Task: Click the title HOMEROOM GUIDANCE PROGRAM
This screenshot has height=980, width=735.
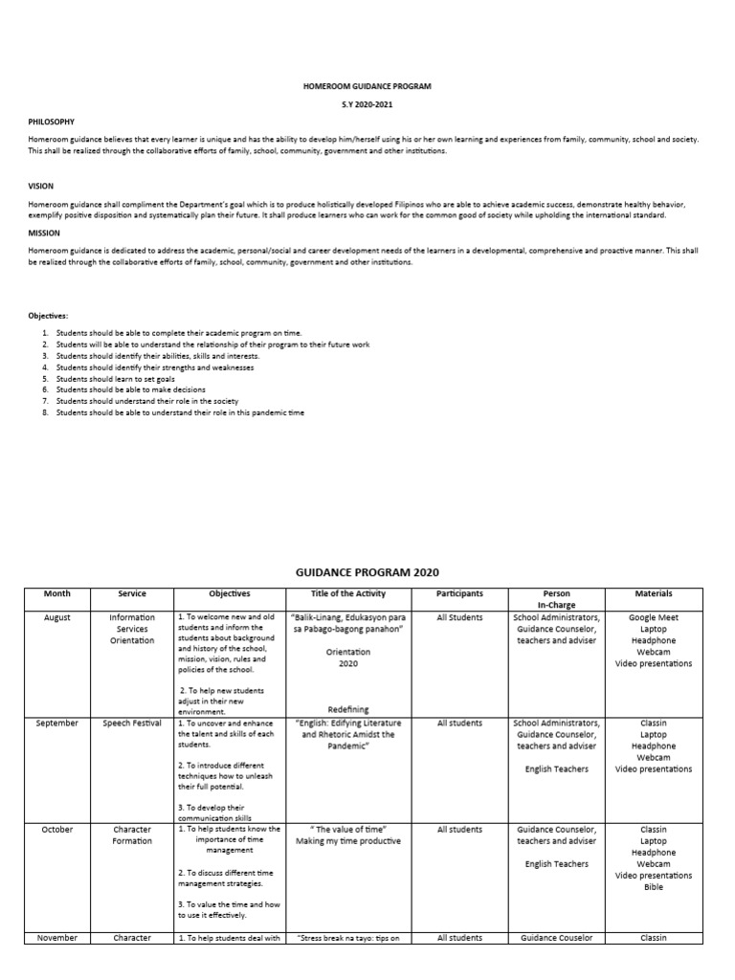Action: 367,86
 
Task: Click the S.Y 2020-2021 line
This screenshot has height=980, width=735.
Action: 367,104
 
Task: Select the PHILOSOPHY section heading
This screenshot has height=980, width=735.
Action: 51,122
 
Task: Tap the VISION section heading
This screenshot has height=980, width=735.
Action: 40,188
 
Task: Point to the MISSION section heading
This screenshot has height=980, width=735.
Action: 44,233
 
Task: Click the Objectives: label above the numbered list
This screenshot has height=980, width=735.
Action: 47,315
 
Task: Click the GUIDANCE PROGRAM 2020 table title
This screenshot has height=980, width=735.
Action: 367,572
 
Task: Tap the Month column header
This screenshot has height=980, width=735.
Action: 57,594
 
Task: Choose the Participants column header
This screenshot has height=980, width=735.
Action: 459,594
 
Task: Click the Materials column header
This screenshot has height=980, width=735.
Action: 654,594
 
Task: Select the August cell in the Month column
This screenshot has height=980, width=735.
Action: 57,618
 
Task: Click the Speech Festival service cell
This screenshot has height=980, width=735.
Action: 132,724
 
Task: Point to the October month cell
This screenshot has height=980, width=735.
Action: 57,830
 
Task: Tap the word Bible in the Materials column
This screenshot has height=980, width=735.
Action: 654,887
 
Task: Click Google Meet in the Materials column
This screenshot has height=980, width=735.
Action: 654,618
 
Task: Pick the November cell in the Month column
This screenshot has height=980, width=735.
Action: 57,938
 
